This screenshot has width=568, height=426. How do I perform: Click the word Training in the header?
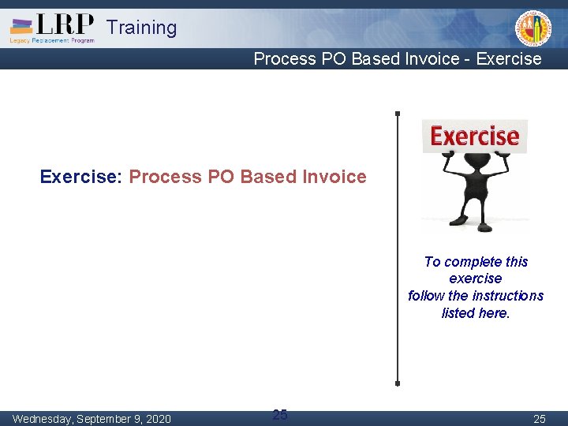142,28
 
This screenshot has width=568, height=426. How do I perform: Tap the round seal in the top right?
533,28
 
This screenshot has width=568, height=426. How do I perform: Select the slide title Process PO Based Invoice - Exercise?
398,59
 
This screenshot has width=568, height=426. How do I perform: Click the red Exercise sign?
475,136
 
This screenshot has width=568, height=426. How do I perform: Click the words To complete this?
476,262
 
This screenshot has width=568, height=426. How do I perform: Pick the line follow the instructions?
476,296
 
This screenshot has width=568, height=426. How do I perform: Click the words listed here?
476,313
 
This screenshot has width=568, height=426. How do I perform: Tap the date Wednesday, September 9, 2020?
92,418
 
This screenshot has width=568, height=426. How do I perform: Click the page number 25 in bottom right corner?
539,418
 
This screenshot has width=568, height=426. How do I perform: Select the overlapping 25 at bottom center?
279,414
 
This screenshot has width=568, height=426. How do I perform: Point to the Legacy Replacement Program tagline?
52,39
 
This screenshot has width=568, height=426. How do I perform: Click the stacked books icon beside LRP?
22,25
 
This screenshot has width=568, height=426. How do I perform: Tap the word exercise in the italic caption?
476,278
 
